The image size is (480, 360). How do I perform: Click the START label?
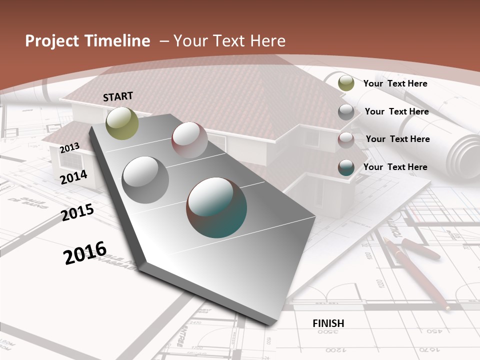118,96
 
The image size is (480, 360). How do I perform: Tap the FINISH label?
328,323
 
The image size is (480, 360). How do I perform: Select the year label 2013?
69,147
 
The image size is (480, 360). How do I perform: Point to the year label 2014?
73,177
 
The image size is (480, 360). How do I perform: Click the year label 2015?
77,212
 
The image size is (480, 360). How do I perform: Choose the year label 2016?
85,252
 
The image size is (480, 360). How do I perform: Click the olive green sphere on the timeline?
122,123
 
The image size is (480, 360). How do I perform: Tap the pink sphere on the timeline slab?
189,140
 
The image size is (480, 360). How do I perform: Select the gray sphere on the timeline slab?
145,179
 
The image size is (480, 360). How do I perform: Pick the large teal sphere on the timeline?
216,207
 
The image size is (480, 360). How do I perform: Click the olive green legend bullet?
346,83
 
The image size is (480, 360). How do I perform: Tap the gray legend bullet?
346,112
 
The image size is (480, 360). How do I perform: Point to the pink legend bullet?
346,140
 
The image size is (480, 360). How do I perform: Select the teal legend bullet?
346,167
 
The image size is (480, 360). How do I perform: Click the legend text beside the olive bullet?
395,83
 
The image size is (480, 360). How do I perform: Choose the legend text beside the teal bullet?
395,167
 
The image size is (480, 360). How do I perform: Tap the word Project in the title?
51,41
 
